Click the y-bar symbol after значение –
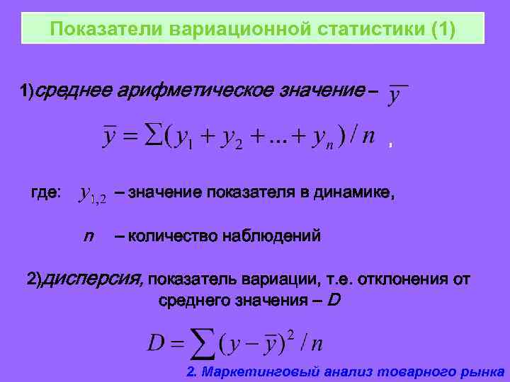pos(399,95)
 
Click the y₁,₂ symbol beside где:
pos(93,194)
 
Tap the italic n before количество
pos(89,236)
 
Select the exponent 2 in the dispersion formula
pos(290,333)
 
